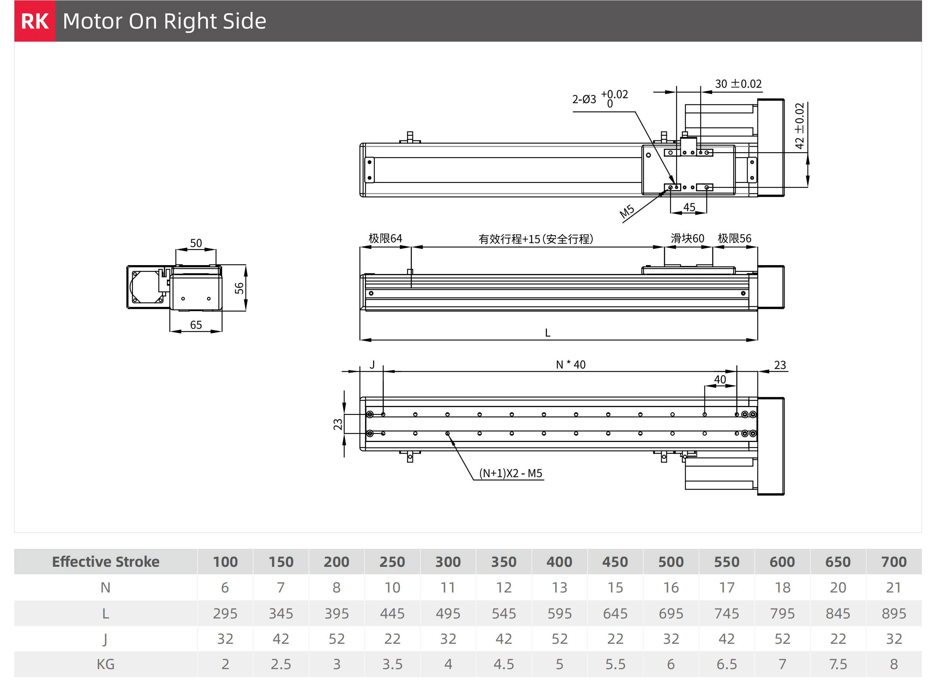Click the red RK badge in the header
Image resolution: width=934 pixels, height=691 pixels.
35,21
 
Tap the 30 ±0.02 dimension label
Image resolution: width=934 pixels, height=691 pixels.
738,84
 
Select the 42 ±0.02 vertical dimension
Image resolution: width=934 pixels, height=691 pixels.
799,126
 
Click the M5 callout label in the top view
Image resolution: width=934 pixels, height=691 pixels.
627,212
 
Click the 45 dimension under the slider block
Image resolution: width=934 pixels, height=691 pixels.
689,207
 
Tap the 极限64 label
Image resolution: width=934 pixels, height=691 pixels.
385,238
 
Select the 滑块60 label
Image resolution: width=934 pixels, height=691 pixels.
687,238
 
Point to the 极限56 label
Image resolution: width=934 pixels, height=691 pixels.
734,238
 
